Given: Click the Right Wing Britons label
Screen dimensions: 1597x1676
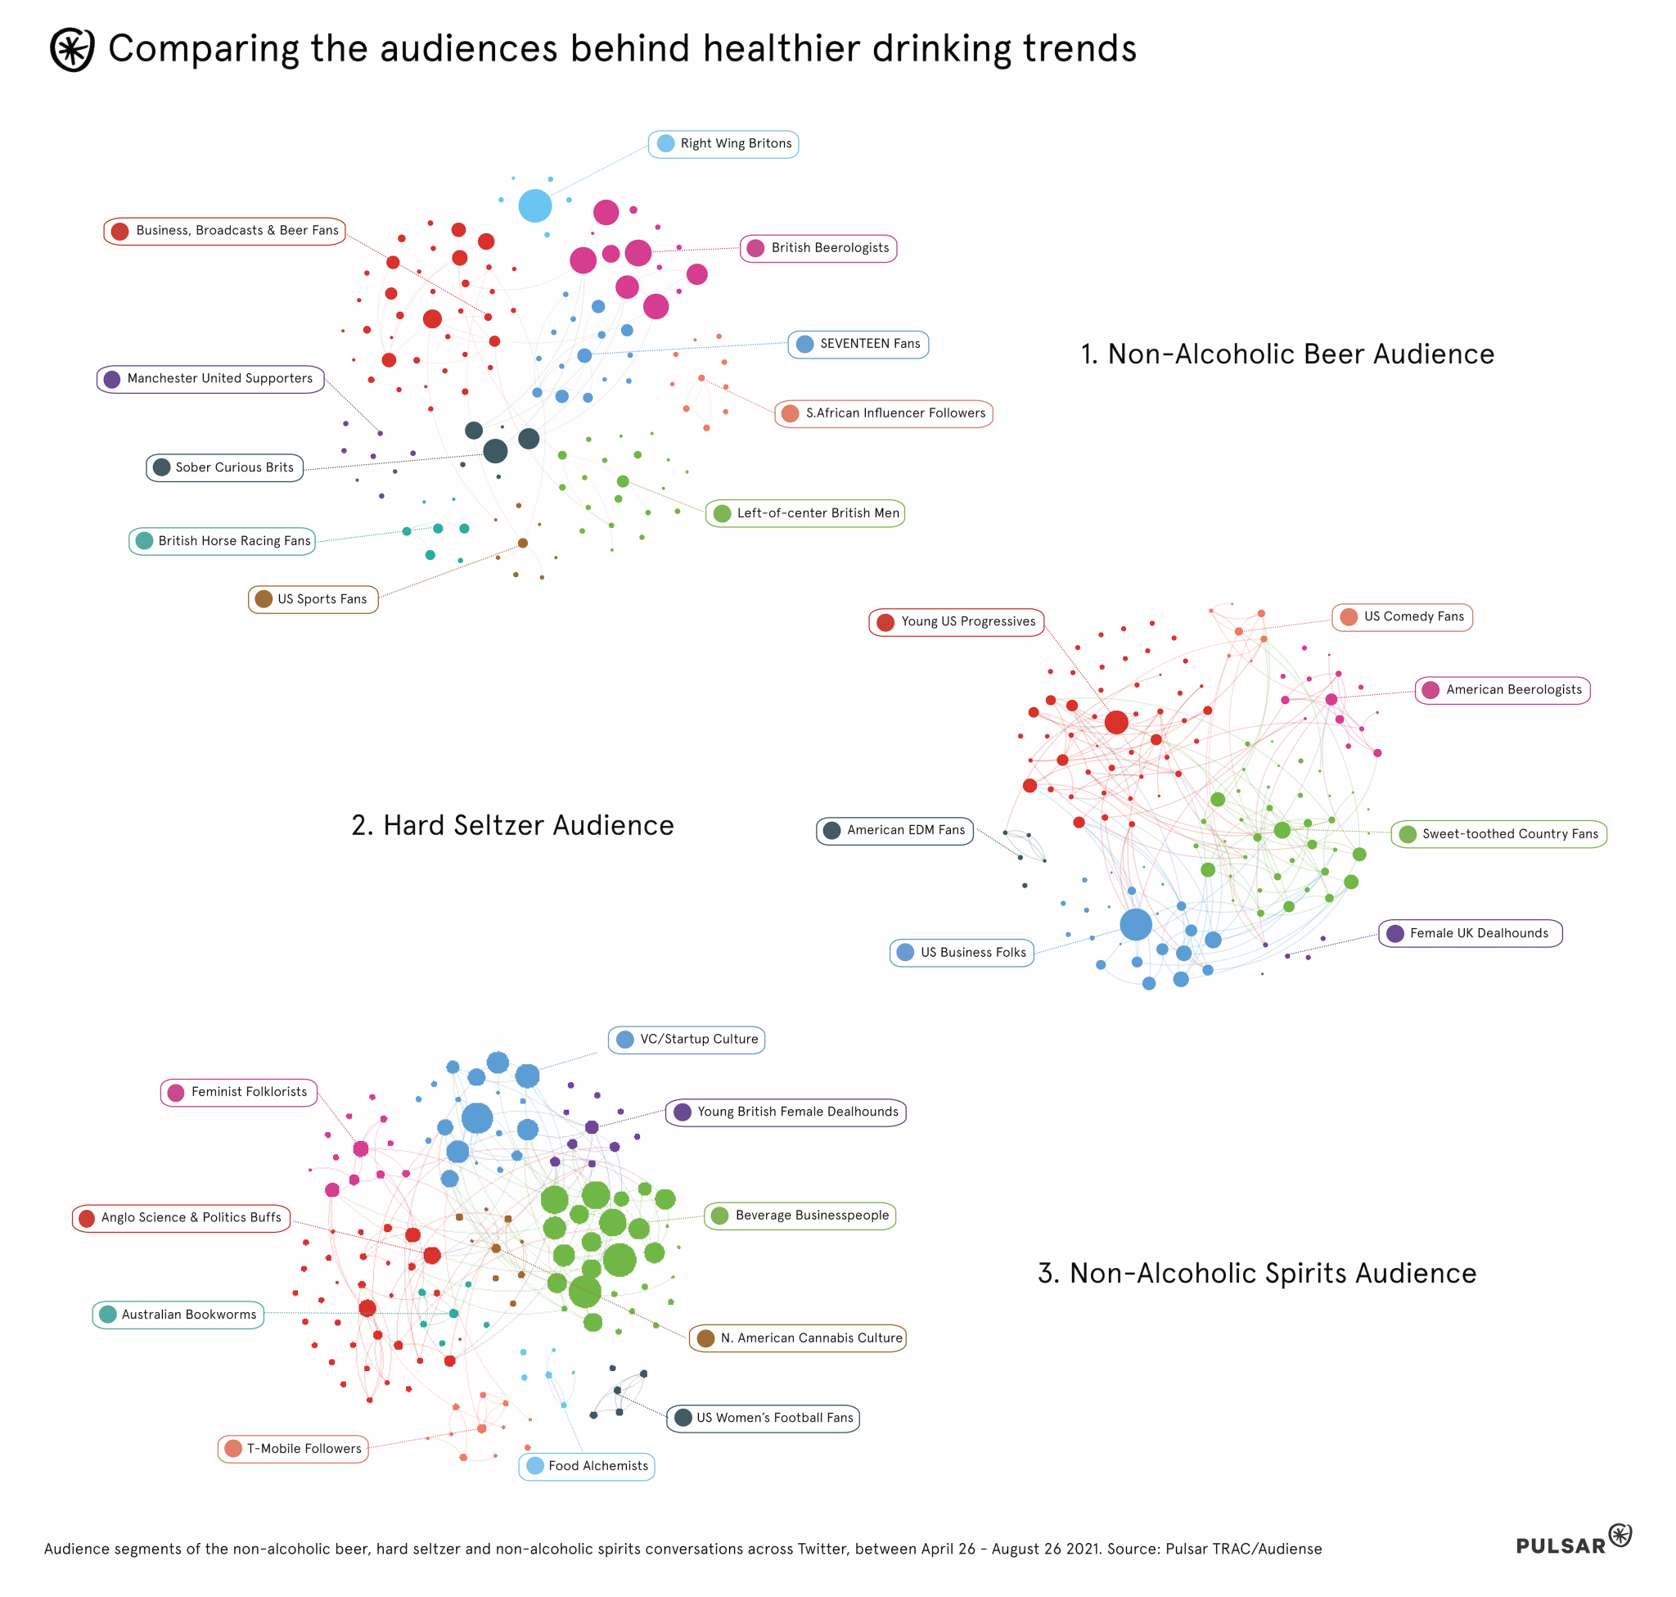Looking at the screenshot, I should (723, 144).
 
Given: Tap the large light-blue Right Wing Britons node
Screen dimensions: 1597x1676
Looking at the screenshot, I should (534, 206).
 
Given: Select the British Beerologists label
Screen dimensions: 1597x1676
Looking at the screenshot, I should (818, 249).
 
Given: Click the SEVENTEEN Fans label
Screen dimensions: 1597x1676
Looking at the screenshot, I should (858, 345).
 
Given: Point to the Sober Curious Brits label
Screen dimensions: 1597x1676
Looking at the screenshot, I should (225, 468).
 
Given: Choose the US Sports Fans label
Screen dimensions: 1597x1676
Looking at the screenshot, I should (313, 599).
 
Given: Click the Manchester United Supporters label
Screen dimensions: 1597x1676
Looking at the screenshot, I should (210, 379).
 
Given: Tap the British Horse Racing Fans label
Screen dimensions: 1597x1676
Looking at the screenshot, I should (222, 541).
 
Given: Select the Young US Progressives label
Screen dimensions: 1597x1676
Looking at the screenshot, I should (956, 622).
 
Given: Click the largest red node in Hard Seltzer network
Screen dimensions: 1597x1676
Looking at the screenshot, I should (1116, 723).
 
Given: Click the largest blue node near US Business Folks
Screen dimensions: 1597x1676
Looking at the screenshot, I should (1136, 924).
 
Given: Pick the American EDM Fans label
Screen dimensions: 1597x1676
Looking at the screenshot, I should (894, 831).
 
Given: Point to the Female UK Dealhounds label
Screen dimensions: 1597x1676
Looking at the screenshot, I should (1470, 934).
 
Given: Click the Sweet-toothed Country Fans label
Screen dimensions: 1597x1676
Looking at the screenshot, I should (1498, 834).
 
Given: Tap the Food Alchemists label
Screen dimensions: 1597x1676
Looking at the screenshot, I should (587, 1467).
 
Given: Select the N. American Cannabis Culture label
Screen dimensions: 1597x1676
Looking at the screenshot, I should (798, 1339).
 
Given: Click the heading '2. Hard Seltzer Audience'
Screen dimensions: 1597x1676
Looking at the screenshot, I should (512, 826).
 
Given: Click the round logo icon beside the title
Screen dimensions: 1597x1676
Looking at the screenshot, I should (72, 49).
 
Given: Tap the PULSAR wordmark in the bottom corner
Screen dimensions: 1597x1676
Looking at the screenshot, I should (1561, 1546).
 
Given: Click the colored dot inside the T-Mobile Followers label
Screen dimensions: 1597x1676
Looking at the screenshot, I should (233, 1449).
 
